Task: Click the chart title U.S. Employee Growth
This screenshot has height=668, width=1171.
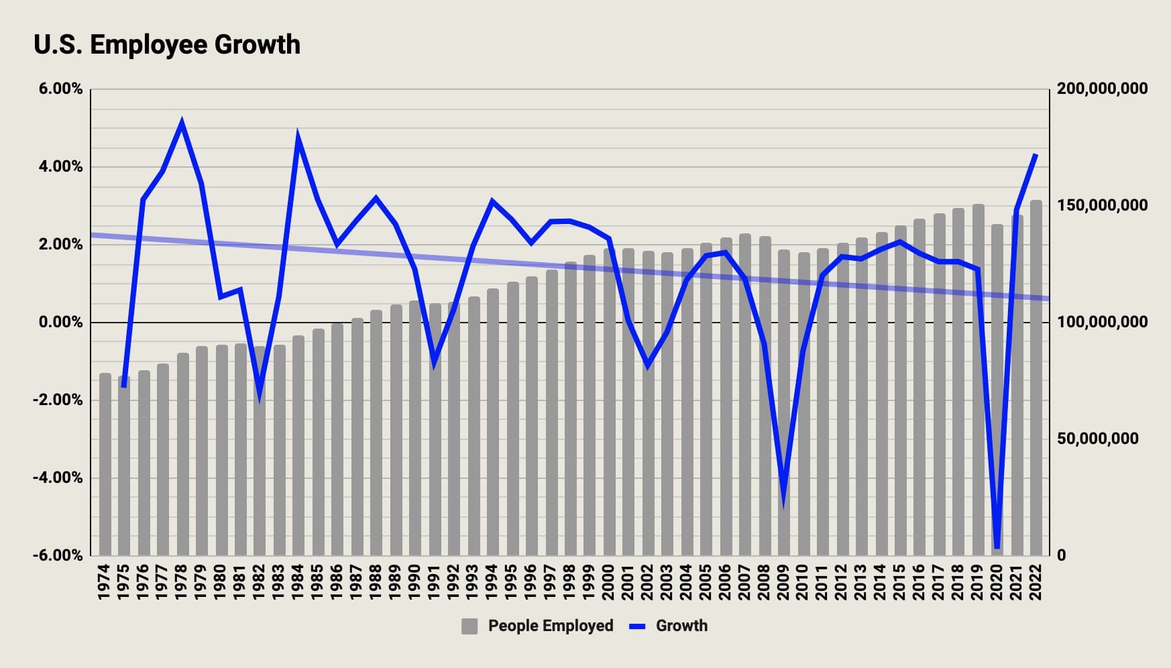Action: coord(167,45)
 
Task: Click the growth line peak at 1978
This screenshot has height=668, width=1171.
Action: coord(182,123)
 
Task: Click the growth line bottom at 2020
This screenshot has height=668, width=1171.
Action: coord(997,547)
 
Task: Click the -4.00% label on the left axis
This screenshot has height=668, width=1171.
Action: coord(58,478)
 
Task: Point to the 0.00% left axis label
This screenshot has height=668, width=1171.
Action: coord(60,323)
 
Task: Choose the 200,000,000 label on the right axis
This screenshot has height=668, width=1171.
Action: coord(1102,89)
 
